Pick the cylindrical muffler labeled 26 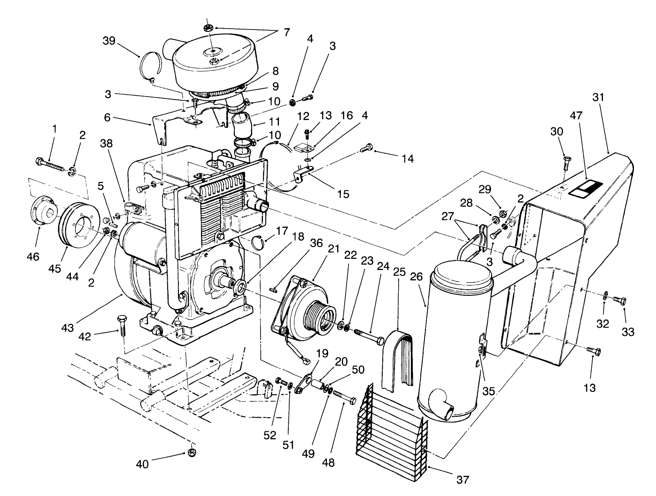(x=453, y=338)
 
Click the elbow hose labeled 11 (x=241, y=127)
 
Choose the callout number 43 (x=68, y=328)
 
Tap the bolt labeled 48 (x=345, y=398)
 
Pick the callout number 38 (x=106, y=143)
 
